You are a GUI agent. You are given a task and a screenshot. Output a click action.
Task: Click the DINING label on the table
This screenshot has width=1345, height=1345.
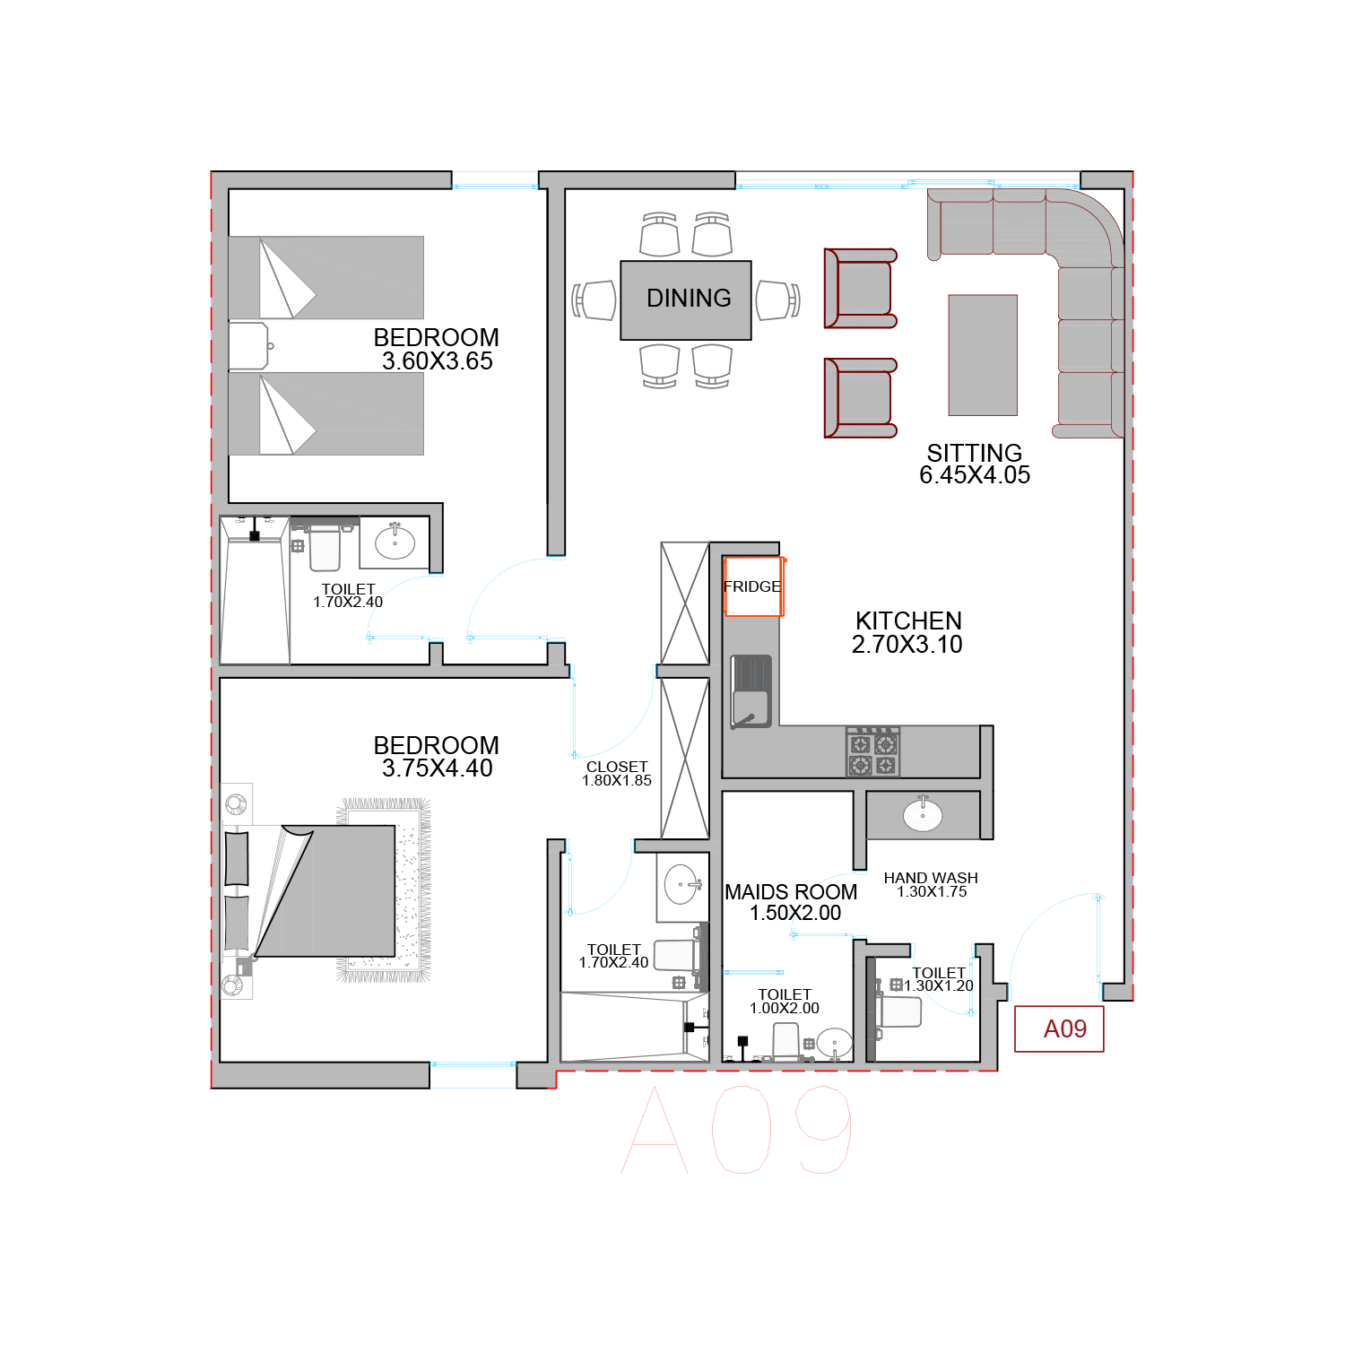[689, 299]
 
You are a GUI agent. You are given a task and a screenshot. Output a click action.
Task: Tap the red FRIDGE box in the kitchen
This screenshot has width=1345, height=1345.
[754, 586]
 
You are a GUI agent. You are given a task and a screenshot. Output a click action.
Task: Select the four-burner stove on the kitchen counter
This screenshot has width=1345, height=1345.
[872, 751]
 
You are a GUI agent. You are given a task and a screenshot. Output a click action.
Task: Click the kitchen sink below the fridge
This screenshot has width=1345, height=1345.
[751, 691]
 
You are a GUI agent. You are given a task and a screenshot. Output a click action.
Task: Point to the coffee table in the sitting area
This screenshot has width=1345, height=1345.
[983, 355]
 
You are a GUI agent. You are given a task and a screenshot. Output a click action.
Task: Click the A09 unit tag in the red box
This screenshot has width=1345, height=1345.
[1065, 1028]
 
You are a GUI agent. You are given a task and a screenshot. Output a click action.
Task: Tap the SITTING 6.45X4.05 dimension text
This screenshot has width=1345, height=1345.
[975, 475]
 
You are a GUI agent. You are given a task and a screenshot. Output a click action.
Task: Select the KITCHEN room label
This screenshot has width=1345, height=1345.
[908, 620]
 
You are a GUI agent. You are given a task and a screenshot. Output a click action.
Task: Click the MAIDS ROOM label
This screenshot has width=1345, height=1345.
[791, 892]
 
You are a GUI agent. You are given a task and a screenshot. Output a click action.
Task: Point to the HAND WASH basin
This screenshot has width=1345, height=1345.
[923, 815]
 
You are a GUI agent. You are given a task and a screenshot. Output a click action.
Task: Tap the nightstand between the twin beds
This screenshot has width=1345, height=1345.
[249, 346]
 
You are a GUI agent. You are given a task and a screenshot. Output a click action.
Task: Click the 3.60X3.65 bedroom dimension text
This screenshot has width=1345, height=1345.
[438, 361]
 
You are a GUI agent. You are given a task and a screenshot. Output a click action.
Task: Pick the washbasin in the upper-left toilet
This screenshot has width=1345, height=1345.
[395, 542]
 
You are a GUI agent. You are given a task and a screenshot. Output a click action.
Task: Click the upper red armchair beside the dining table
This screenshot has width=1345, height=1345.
[860, 289]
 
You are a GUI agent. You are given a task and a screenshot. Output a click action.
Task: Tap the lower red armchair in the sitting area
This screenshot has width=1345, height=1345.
[860, 398]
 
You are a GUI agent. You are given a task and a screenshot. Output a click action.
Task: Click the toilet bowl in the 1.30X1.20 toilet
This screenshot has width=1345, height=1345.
[898, 1012]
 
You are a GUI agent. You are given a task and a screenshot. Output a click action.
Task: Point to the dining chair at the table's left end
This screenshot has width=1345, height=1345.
[594, 300]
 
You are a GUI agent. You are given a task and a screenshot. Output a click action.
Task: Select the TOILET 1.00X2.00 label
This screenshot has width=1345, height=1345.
[785, 1002]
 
